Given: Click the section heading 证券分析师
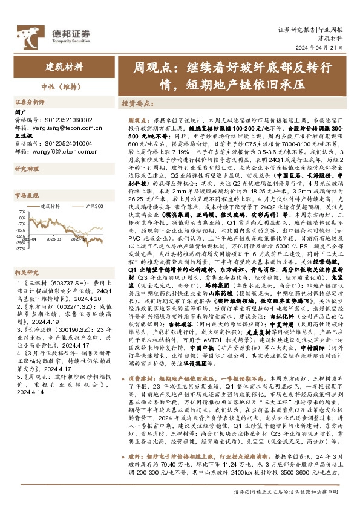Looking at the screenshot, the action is pos(30,102).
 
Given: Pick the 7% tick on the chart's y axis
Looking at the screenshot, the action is pos(22,212).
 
